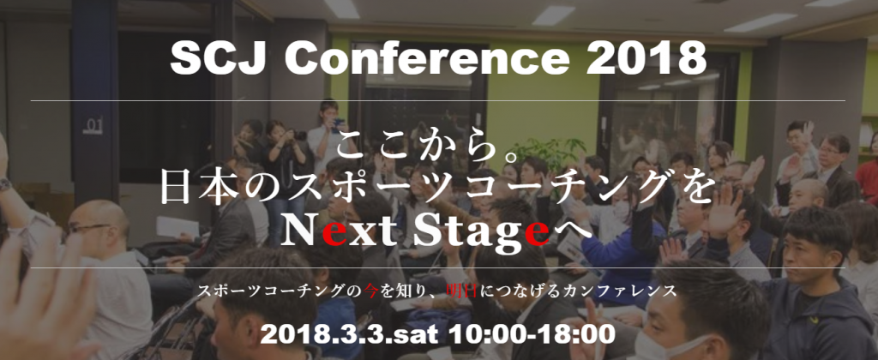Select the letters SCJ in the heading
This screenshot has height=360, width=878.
[x=222, y=58]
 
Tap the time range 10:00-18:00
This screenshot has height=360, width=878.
[x=531, y=334]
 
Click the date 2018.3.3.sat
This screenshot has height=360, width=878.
[x=350, y=334]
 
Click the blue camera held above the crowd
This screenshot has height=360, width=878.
[x=338, y=123]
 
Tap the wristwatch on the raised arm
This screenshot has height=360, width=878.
[x=4, y=184]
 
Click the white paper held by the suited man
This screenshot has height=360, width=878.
[x=177, y=227]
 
